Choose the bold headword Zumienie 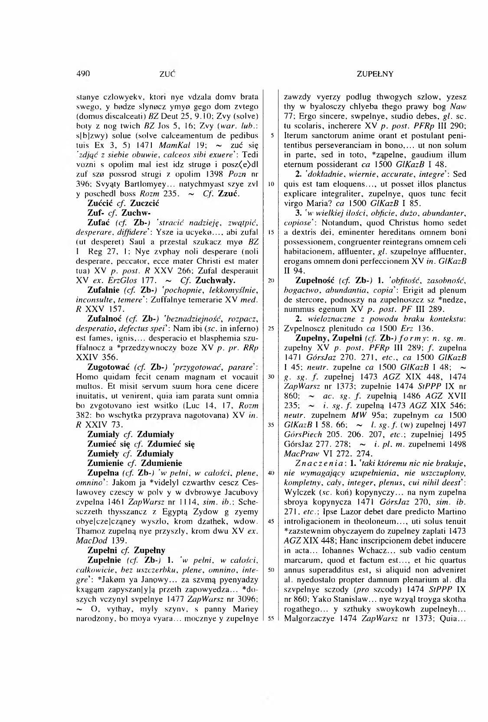click(x=106, y=463)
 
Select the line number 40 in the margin click(x=271, y=473)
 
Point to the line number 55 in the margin click(x=271, y=618)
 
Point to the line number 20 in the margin click(x=271, y=280)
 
